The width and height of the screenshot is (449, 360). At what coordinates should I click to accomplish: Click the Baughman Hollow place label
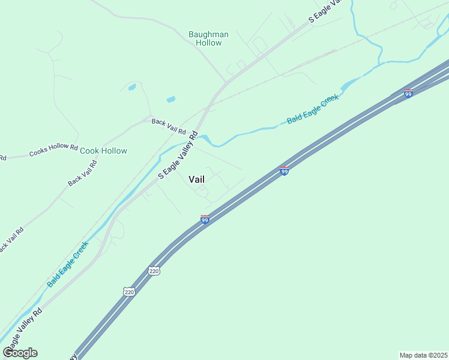coord(208,38)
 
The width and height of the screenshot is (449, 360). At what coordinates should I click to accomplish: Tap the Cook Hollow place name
coord(103,151)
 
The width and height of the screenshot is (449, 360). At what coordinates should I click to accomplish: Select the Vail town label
coord(197,179)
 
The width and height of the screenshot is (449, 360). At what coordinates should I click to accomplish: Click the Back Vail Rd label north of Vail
coord(169,126)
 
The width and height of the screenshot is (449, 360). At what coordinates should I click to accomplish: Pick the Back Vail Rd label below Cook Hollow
coord(83,173)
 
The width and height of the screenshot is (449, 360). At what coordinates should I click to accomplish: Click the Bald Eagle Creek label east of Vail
coord(313,109)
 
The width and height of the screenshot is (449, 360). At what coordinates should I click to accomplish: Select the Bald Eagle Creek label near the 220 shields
coord(68,263)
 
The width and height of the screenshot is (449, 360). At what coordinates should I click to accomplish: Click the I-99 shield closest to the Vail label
coord(205,220)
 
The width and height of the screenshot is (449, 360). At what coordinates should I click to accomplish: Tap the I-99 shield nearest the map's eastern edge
coord(408,93)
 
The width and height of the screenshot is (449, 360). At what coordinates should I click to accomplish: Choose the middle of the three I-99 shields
coord(285,171)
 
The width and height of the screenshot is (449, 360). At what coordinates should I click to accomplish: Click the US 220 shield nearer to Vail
coord(154,271)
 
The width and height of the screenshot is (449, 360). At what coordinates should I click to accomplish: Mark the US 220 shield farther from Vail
coord(129,292)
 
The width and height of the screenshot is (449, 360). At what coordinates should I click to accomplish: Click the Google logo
coord(20,353)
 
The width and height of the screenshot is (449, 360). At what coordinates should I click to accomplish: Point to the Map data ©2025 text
coord(423,355)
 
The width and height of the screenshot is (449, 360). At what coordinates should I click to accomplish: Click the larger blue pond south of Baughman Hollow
coord(171,99)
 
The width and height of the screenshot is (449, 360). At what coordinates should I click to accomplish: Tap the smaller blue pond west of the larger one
coord(132,88)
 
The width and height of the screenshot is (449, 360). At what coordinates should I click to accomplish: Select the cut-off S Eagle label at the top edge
coord(325,11)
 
